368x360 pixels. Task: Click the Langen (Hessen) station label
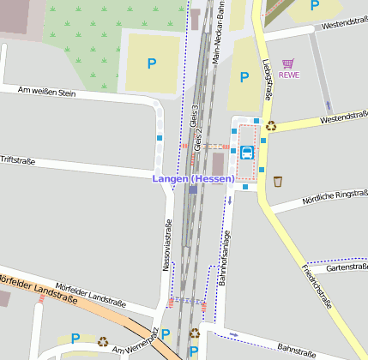[x=193, y=178]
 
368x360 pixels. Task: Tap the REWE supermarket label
[x=289, y=75]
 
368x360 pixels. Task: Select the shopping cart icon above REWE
[x=288, y=63]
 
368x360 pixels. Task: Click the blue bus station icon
[x=247, y=153]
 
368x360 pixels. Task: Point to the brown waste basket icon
[x=278, y=181]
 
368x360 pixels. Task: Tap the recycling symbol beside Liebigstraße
[x=271, y=126]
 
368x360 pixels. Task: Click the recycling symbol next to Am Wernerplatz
[x=103, y=340]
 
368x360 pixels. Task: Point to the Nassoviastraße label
[x=167, y=245]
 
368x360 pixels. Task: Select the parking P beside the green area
[x=152, y=63]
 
